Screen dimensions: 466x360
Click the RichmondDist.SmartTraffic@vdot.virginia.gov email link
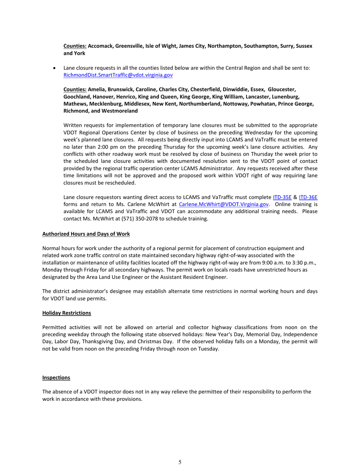pos(118,75)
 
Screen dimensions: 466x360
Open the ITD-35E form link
pos(282,197)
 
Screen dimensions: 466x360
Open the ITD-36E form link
pos(308,197)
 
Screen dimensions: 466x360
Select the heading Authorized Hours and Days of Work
pos(86,234)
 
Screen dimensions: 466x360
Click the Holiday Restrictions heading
pos(67,313)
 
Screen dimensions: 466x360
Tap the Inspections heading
pos(56,378)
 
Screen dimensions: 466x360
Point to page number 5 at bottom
pos(180,462)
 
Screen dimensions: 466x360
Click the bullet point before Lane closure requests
pos(56,68)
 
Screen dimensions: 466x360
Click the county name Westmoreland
pos(118,111)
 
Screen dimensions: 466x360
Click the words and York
pos(74,53)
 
